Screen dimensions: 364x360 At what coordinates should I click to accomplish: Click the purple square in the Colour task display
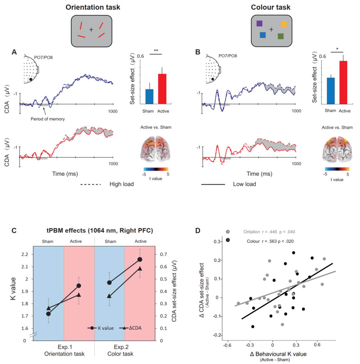coord(260,23)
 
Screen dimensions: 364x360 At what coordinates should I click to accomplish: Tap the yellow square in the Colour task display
coord(284,24)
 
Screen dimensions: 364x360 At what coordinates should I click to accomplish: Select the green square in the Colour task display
coord(281,36)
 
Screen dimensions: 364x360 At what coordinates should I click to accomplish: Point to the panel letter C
coord(14,230)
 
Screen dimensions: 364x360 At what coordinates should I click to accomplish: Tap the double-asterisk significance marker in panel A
coord(156,51)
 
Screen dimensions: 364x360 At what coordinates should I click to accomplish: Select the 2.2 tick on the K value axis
coord(25,254)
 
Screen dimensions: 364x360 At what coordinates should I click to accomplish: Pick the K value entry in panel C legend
coord(103,328)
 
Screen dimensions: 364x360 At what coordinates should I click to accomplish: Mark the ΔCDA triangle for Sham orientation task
coord(48,308)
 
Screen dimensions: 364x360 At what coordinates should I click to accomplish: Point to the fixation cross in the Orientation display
coord(91,30)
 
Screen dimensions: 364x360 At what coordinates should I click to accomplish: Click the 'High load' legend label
coord(122,184)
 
